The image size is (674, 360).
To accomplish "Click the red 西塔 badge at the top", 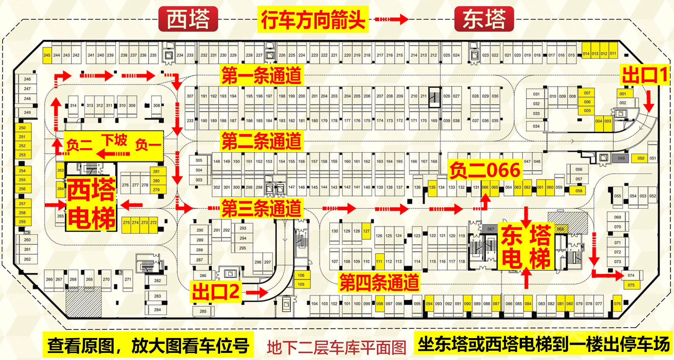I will coord(188,19).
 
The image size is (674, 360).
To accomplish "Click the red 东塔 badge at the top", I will coord(484,19).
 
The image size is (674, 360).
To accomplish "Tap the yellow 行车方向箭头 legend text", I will coord(313,20).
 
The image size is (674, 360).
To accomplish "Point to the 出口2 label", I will coord(216,291).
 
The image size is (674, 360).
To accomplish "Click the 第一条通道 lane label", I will coord(261,75).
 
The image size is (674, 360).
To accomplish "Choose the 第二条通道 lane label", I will coord(261,141).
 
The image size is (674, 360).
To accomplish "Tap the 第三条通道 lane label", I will coord(261,208).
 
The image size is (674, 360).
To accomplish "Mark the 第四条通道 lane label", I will coord(379,282).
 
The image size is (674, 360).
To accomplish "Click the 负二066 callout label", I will coord(485,170).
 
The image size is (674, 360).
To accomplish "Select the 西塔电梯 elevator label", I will coord(91,204).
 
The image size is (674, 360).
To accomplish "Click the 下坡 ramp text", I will coord(115,140).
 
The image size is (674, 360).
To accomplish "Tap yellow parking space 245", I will coord(47,55).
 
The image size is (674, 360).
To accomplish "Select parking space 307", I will coord(190,96).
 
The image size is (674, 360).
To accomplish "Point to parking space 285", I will coord(203,311).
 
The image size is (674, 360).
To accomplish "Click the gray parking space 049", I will coord(621,158).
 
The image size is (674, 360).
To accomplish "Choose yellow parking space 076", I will coord(617,303).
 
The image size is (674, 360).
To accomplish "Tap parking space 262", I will coord(27,259).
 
